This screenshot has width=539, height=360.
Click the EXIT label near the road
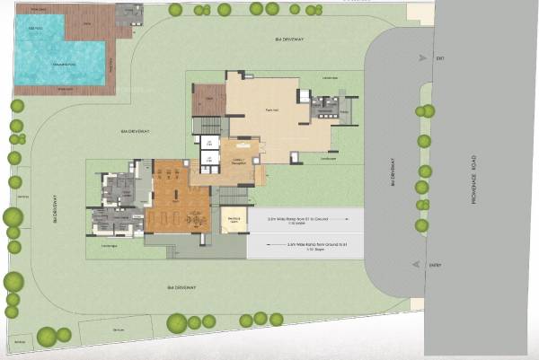(440, 59)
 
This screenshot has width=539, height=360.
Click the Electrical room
(233, 220)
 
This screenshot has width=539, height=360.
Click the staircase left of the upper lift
(207, 125)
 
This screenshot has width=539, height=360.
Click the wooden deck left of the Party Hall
(208, 100)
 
